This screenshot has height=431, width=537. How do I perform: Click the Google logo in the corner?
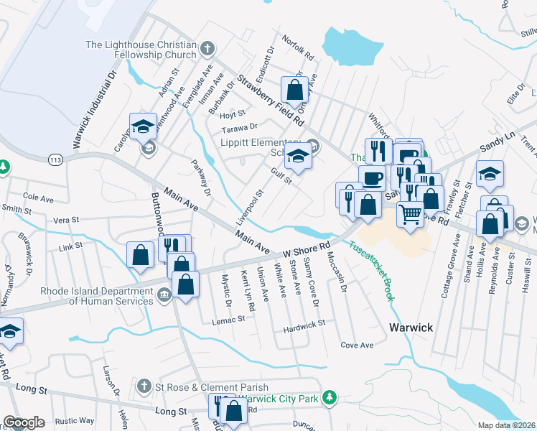24,422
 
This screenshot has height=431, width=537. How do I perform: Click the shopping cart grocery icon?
410,212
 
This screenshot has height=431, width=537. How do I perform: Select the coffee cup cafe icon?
372,178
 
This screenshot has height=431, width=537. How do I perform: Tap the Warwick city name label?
411,328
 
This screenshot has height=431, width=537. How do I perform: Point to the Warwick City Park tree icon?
329,397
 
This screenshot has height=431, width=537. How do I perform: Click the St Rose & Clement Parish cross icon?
144,387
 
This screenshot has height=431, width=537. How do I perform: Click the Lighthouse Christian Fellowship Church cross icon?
207,49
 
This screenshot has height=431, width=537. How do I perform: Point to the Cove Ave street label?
357,345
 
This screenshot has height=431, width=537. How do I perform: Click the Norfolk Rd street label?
298,47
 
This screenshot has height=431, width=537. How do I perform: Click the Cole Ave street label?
39,195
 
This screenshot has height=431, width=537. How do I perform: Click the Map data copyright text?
507,425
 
